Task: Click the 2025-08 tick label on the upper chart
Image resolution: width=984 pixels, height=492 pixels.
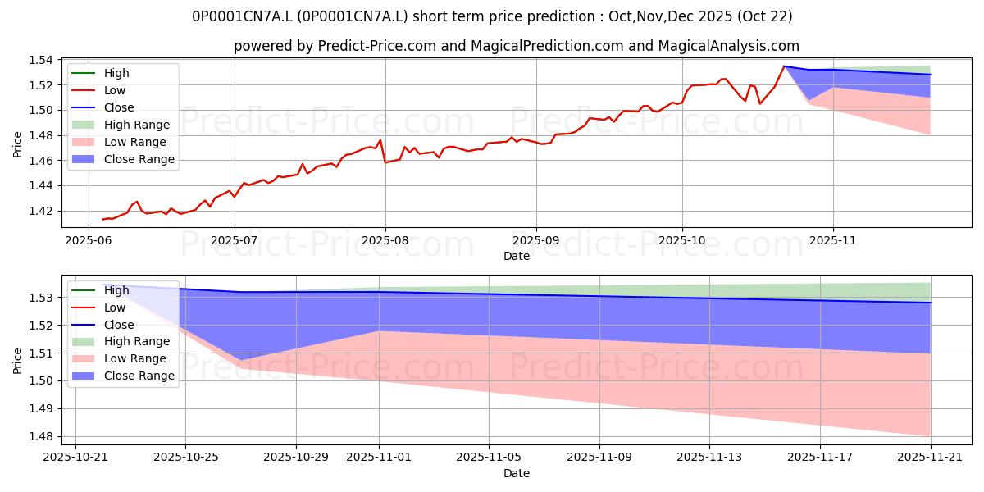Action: (385, 241)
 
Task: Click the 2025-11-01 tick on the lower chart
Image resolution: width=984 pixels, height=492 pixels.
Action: (379, 458)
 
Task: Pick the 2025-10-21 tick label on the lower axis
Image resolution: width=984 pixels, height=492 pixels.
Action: (75, 458)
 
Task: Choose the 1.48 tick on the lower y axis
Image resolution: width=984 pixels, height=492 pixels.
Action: (42, 436)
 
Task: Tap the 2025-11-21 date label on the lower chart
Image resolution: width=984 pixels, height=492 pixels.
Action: (931, 458)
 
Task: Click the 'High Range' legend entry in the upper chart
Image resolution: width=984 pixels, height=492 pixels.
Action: (137, 125)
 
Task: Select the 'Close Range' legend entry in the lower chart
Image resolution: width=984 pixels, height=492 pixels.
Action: (139, 376)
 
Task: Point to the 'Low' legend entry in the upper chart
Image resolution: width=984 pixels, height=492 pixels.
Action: (116, 90)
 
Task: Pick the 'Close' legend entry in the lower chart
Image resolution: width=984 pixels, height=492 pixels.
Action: (119, 325)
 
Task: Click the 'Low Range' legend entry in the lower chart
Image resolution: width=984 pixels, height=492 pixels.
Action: (136, 358)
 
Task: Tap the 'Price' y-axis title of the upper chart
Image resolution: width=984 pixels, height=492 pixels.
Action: (18, 143)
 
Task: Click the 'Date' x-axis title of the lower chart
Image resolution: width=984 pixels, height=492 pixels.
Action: (517, 473)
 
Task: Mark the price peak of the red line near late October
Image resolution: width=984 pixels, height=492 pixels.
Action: (784, 66)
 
